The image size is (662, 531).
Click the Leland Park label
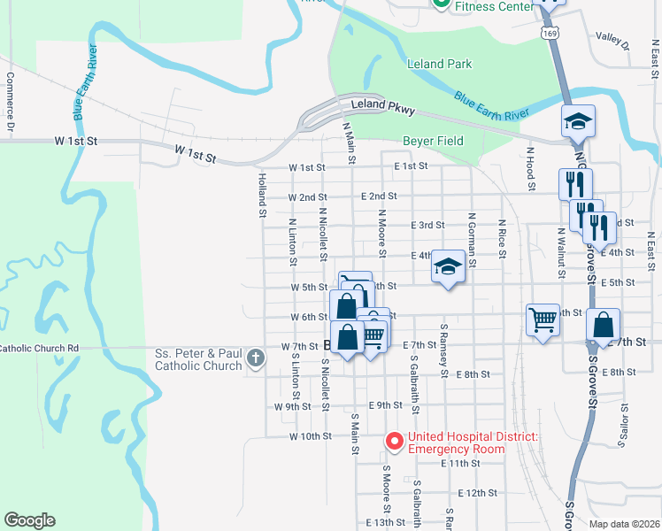[x=439, y=65]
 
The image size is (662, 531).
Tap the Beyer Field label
[x=433, y=141]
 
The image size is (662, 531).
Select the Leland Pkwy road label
[x=382, y=105]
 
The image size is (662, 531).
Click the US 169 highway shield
[x=551, y=34]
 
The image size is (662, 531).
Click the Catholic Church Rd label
[x=39, y=349]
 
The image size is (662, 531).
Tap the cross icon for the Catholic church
[x=256, y=358]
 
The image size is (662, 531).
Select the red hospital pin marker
[x=393, y=440]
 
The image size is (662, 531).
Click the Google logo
[x=29, y=520]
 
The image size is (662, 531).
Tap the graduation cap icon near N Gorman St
[x=449, y=266]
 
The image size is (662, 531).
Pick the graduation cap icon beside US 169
[x=578, y=120]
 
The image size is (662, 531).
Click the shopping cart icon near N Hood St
[x=543, y=318]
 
